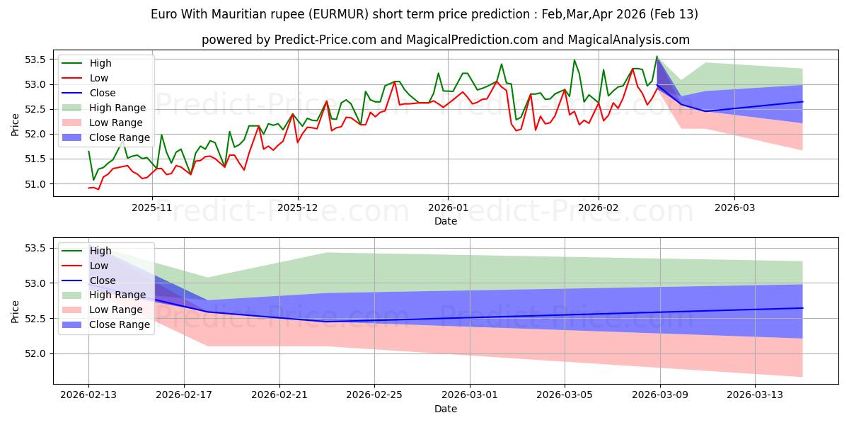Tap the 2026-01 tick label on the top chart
click(x=447, y=208)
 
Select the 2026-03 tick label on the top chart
click(x=734, y=208)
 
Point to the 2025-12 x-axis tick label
click(x=298, y=208)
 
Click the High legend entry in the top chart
click(x=100, y=63)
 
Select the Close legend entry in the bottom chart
click(x=103, y=280)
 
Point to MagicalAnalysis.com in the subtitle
click(x=618, y=40)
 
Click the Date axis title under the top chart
click(x=446, y=221)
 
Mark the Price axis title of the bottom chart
click(x=16, y=310)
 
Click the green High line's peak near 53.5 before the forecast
click(x=657, y=57)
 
